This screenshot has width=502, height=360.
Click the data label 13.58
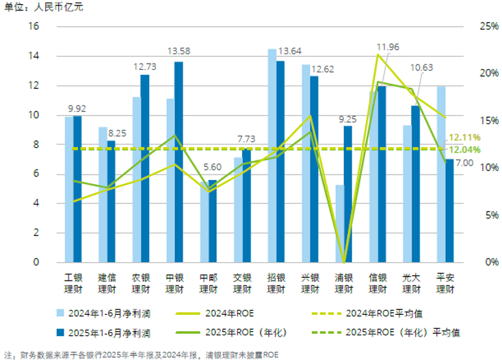click(179, 51)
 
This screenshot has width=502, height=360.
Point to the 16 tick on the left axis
click(34, 26)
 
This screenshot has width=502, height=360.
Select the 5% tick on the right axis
click(473, 215)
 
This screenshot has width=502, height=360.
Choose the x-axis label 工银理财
click(73, 283)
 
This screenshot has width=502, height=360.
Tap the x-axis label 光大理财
click(412, 283)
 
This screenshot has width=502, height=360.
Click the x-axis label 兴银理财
click(310, 283)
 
